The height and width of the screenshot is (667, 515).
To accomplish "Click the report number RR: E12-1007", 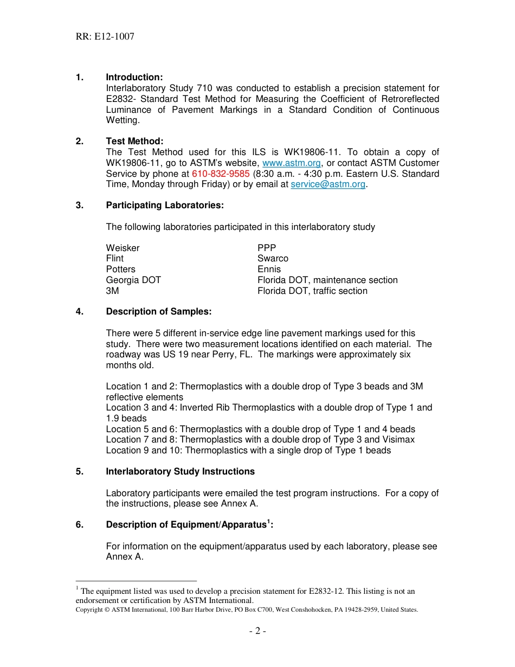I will [x=105, y=37].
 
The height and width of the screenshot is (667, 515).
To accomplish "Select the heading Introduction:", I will [x=134, y=78].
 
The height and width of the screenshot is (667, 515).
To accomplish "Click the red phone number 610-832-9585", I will [x=221, y=174].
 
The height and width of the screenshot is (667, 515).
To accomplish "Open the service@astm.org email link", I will [x=328, y=184].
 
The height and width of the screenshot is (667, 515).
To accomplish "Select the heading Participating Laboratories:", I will [x=165, y=206].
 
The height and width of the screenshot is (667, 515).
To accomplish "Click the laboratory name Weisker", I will [x=123, y=248].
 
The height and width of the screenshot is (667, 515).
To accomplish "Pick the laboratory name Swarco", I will [x=273, y=259].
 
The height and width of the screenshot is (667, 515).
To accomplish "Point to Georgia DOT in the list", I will [x=133, y=280].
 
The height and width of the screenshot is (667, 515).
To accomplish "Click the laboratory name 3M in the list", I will [x=112, y=291].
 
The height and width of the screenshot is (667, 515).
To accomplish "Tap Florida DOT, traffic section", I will [x=312, y=291].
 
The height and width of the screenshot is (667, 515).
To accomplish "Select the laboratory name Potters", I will [x=120, y=270].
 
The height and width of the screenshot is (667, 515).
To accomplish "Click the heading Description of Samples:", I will [x=158, y=312].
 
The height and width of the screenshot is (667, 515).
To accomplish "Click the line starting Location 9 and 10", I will [x=248, y=451].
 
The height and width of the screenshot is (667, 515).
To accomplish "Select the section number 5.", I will [x=80, y=472].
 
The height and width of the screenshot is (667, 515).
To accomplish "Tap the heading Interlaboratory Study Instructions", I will [x=180, y=472].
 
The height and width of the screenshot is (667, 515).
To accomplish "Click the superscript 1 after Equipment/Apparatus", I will [x=268, y=522].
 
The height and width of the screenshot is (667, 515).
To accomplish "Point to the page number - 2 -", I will [x=257, y=631].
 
